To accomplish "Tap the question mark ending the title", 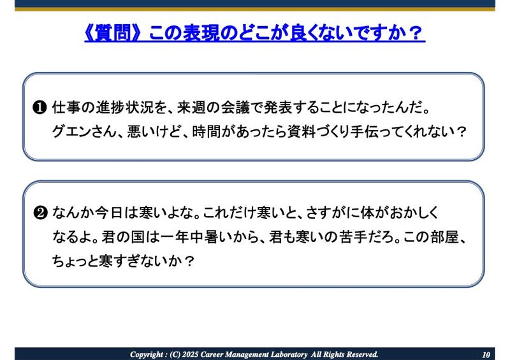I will click(x=416, y=32).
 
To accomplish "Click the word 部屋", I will click(x=441, y=237).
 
